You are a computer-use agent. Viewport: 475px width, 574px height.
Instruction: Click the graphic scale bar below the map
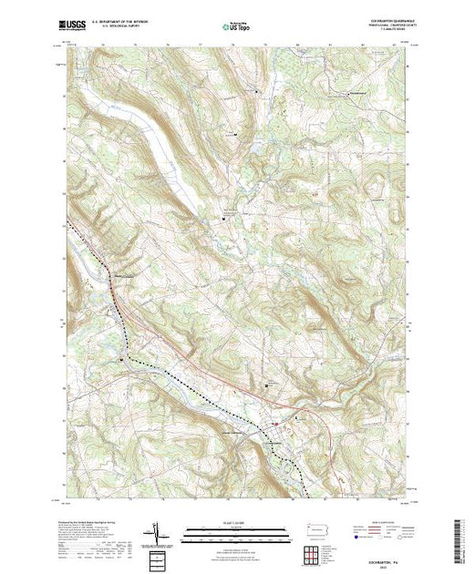[236, 532]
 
